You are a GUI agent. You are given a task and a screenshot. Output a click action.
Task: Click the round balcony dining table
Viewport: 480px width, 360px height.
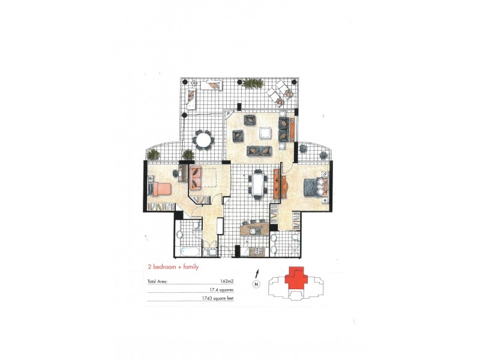pyautogui.click(x=205, y=140)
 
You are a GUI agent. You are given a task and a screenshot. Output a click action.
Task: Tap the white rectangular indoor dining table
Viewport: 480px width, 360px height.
pyautogui.click(x=259, y=184)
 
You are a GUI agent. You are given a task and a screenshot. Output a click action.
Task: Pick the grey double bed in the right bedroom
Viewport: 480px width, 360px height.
pyautogui.click(x=314, y=186)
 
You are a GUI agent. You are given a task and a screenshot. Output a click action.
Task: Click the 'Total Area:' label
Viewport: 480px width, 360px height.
pyautogui.click(x=157, y=280)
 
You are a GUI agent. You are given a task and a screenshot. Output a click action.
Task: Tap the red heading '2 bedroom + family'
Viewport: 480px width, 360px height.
pyautogui.click(x=173, y=266)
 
